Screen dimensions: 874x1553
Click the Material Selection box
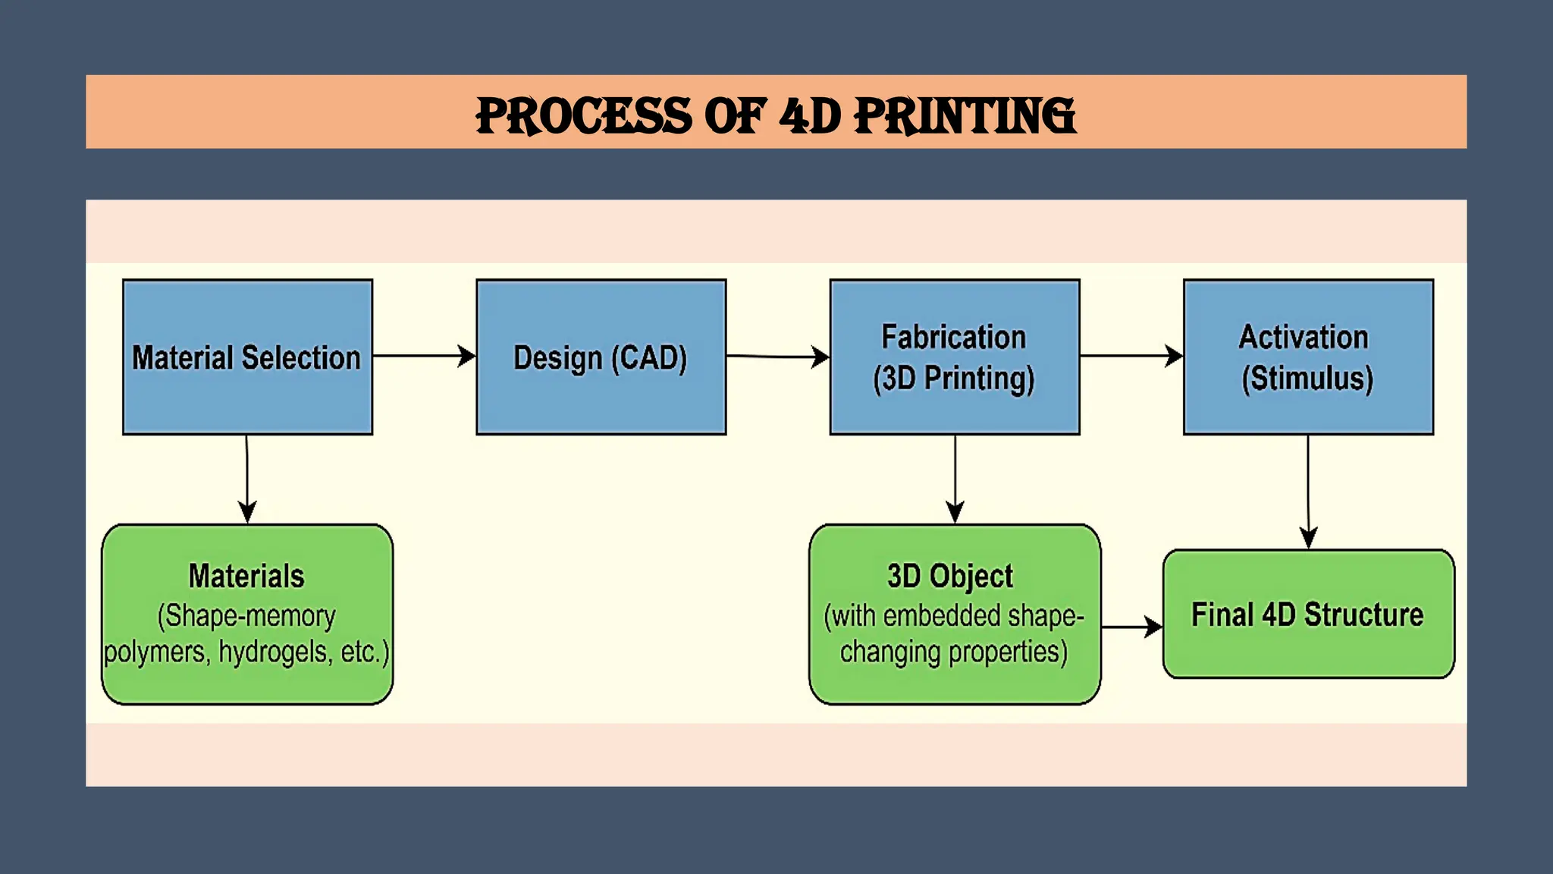coord(247,357)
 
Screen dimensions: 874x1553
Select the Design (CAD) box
coord(601,357)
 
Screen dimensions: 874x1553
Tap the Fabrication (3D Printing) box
coord(954,357)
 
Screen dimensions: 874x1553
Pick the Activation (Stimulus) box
coord(1307,357)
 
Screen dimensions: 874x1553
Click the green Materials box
coord(247,614)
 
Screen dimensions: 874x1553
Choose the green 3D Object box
coord(954,614)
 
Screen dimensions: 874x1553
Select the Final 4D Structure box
coord(1307,614)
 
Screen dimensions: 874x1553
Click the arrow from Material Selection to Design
coord(424,356)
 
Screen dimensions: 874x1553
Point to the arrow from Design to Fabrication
coord(777,356)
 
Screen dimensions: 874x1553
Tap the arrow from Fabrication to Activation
coord(1131,356)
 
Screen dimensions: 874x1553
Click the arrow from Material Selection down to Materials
coord(247,479)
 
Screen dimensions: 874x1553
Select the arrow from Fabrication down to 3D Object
coord(955,479)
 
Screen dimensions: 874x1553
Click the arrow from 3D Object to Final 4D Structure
coord(1131,627)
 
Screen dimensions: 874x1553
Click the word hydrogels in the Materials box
coord(275,652)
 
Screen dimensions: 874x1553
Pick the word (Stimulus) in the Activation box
coord(1307,378)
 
